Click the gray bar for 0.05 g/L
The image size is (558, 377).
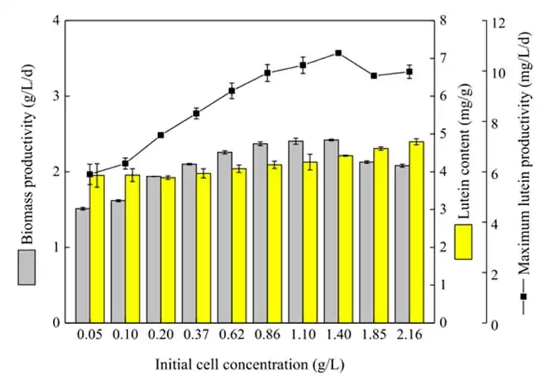82,265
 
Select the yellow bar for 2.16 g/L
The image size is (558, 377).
416,232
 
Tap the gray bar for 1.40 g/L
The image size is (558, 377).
331,231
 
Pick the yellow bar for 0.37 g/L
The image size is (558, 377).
203,247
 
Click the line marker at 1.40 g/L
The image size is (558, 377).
338,53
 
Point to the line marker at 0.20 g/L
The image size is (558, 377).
160,135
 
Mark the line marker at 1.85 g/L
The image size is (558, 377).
374,76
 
